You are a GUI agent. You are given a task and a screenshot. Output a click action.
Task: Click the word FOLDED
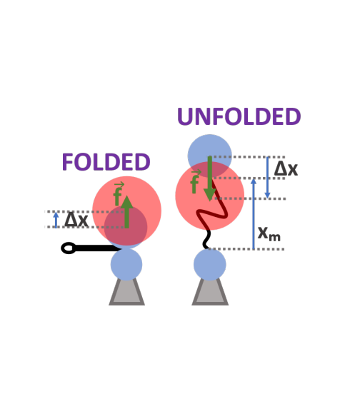coord(106,162)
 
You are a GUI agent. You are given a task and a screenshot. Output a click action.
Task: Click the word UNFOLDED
coord(239,116)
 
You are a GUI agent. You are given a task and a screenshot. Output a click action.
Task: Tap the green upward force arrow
coord(126,212)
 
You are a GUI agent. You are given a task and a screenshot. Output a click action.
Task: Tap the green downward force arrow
coord(210,178)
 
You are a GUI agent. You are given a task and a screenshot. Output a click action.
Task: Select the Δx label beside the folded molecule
coord(76,220)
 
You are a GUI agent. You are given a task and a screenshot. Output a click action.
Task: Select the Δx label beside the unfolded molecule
coord(286,168)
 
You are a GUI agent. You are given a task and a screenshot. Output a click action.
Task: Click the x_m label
coord(269,233)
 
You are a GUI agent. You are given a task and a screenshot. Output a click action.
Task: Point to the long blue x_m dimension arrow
coord(254,214)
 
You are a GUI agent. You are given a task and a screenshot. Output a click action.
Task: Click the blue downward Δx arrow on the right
coord(267,178)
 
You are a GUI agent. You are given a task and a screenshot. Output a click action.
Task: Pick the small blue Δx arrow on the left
coord(56,220)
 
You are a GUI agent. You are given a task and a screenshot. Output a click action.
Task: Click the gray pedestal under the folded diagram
coord(126,291)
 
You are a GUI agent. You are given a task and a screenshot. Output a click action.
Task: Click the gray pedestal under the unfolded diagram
coord(210,291)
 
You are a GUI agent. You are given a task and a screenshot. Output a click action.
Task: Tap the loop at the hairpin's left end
coord(68,248)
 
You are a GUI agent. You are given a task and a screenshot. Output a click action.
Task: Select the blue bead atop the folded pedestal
coord(126,264)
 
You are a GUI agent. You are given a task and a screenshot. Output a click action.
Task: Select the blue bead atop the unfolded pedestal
coord(210,264)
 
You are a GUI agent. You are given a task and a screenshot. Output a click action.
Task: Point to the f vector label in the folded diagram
coord(118,193)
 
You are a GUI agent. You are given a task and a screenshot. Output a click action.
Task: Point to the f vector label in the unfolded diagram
coord(195,181)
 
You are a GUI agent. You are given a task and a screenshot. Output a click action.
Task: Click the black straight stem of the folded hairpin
coord(98,248)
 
